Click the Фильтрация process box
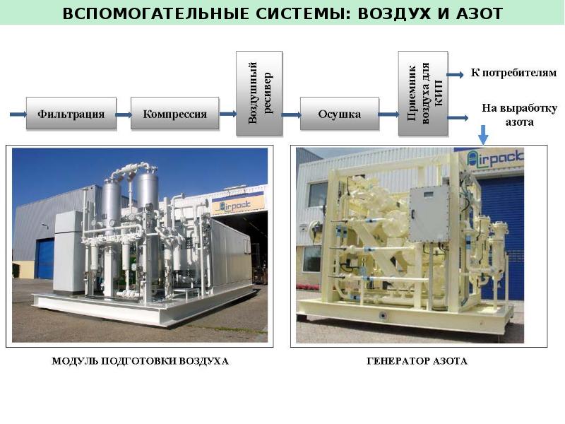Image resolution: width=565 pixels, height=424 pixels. click(71, 113)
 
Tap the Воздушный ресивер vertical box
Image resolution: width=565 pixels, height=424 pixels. click(258, 92)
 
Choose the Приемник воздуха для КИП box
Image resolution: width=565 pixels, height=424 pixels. click(423, 93)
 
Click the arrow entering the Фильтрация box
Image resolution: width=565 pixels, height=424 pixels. click(17, 113)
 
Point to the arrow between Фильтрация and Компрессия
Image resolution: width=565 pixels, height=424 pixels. click(123, 113)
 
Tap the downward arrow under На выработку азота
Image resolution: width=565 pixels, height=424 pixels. click(483, 134)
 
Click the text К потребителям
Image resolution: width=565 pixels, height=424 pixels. click(513, 73)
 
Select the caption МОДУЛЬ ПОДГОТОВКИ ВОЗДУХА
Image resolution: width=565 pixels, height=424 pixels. click(141, 361)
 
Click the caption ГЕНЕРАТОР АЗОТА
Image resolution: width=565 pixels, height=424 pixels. click(417, 361)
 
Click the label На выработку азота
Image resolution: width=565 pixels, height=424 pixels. click(519, 114)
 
